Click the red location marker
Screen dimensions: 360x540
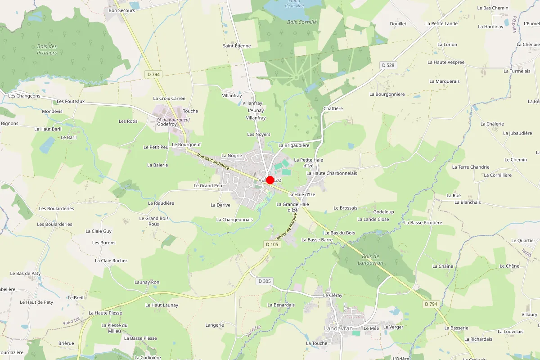(x=270, y=180)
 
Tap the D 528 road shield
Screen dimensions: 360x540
(x=388, y=65)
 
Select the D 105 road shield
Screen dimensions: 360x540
(x=272, y=244)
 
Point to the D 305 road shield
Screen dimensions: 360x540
(x=265, y=281)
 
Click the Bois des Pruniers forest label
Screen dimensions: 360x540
(x=47, y=49)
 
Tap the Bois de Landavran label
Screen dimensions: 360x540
(x=370, y=259)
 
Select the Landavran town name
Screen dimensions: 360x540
(x=338, y=328)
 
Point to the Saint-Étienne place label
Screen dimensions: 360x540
(x=237, y=46)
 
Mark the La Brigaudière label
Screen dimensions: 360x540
(x=294, y=145)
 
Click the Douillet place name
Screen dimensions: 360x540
(x=398, y=23)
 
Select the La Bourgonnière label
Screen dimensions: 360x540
(x=387, y=94)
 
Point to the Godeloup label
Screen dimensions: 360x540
(x=383, y=211)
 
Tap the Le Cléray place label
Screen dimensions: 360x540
(x=333, y=296)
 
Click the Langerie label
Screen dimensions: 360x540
(x=215, y=325)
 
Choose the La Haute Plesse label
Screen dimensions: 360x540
(x=105, y=313)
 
